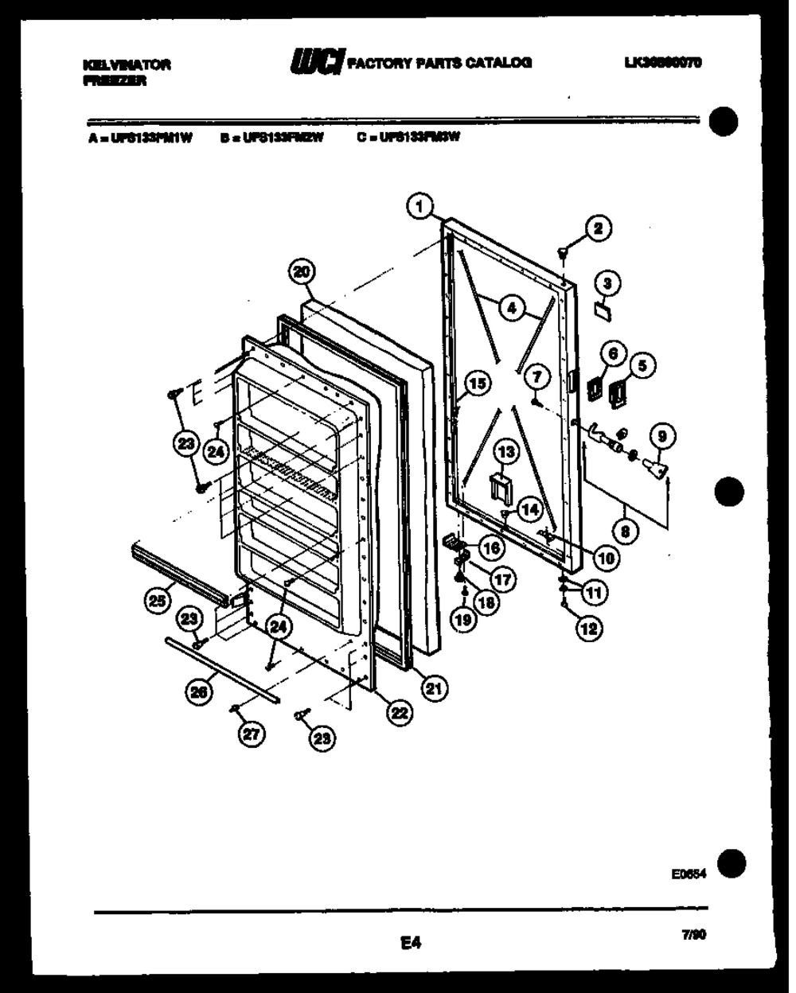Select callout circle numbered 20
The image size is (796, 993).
point(301,272)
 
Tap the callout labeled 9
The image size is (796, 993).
point(661,435)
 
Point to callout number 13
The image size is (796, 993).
point(506,453)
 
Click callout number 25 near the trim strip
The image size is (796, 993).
point(158,601)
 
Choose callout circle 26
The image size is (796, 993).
point(199,692)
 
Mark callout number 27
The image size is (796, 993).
point(251,735)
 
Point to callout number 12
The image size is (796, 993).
point(588,628)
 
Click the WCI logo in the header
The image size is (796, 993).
point(317,60)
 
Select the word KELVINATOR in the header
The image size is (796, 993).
point(127,64)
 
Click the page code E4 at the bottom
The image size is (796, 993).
point(410,944)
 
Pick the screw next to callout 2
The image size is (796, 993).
point(564,253)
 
